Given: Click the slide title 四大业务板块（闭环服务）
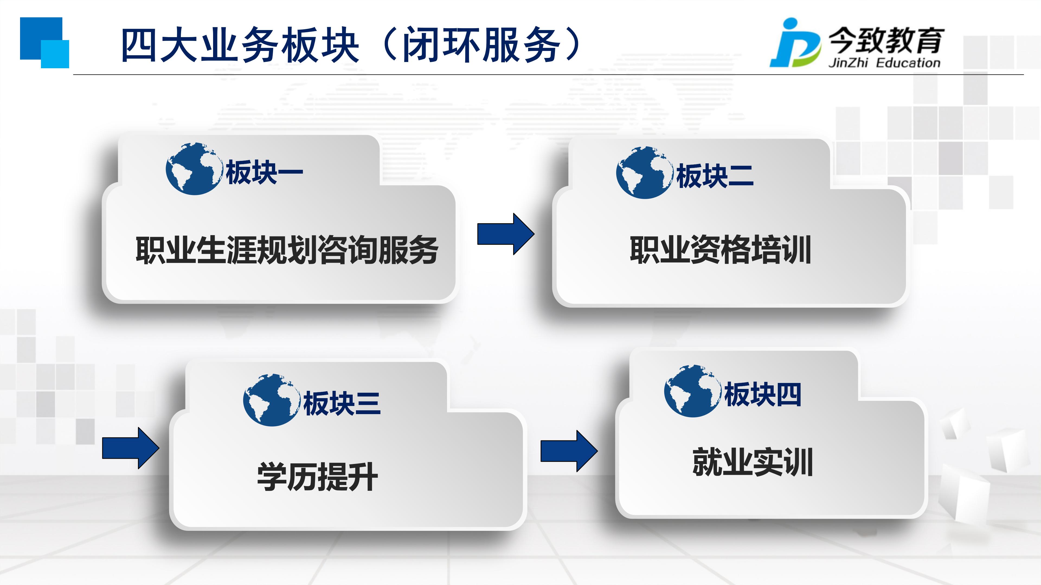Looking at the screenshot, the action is (351, 44).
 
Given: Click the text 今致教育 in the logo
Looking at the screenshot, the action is (887, 40).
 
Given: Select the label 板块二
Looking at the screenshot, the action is (715, 176).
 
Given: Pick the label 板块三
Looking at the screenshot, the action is (342, 403).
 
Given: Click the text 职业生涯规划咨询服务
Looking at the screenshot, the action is (287, 250).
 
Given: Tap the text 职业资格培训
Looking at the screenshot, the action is (721, 250).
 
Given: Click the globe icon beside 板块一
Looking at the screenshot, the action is (194, 169).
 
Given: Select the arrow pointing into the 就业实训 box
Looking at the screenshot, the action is (569, 451).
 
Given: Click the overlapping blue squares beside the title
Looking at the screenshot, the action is (44, 43).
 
